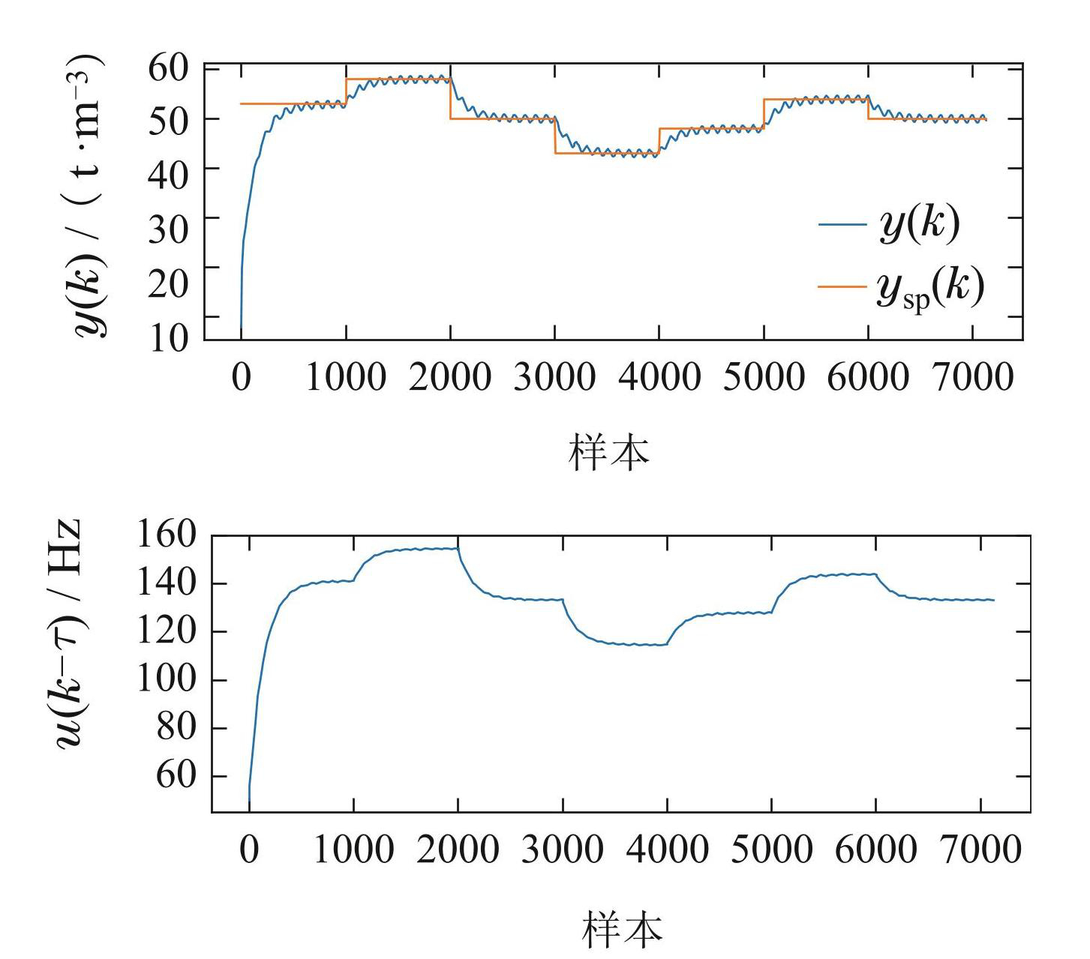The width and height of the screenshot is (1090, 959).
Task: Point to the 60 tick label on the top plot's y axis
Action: coord(168,69)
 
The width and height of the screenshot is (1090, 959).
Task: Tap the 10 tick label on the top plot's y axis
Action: coord(168,338)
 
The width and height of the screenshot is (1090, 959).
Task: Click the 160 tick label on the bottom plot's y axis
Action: coord(166,535)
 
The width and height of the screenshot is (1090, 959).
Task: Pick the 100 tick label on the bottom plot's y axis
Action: coord(166,679)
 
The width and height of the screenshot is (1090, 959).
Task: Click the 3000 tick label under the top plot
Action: coord(554,377)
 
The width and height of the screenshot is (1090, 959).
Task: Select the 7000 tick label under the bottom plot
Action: coord(980,850)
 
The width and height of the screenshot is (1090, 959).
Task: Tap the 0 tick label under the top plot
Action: coord(241,377)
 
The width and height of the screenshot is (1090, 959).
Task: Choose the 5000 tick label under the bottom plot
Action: coord(771,850)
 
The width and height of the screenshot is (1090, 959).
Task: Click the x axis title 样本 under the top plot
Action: coord(609,452)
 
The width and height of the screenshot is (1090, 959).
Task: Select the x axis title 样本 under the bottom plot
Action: coord(622,929)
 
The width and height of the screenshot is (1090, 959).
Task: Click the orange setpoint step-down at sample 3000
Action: coord(555,136)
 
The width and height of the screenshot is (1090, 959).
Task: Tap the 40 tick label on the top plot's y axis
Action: coord(168,169)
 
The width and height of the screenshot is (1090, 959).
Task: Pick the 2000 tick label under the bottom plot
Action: coord(458,850)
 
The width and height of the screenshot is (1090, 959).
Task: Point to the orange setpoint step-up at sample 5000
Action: coord(764,114)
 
